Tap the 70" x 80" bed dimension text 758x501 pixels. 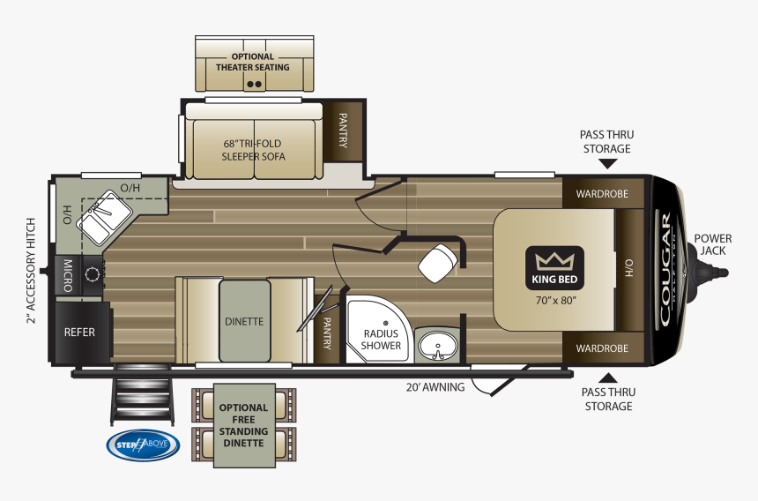[555, 299]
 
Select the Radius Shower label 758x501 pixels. [380, 339]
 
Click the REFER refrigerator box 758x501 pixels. [78, 333]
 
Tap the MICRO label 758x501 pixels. [66, 274]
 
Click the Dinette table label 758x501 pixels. [244, 321]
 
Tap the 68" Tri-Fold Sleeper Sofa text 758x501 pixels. [253, 149]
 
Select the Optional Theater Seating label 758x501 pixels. [253, 62]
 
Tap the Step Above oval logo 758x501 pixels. [142, 445]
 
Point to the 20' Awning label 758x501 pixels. [435, 386]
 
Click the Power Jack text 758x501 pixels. [712, 244]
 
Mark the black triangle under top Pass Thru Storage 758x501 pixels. [606, 163]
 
